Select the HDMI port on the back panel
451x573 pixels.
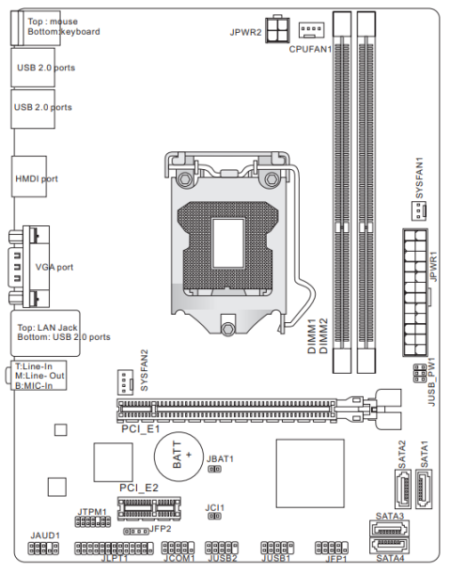click(x=36, y=178)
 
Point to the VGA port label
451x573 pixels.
click(x=54, y=267)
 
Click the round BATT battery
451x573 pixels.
click(x=181, y=457)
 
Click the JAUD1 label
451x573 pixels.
click(x=44, y=534)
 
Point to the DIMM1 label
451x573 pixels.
click(x=310, y=334)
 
